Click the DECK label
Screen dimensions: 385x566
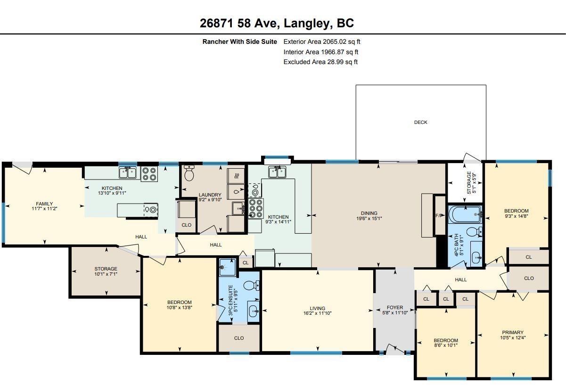point(420,123)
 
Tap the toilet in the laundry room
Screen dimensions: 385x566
point(189,175)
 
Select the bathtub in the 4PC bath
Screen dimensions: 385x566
point(465,214)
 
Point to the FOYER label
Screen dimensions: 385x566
point(394,308)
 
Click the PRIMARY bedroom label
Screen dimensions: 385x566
point(512,332)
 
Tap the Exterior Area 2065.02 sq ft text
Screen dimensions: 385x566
point(322,41)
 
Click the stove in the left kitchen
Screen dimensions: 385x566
point(149,174)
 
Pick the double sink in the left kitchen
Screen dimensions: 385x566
point(127,173)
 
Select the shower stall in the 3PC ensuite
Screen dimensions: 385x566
point(227,267)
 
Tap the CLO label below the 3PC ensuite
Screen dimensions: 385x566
point(239,338)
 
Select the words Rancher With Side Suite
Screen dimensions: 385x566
point(239,41)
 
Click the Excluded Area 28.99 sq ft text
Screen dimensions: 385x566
point(320,62)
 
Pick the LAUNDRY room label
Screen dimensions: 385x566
point(210,195)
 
